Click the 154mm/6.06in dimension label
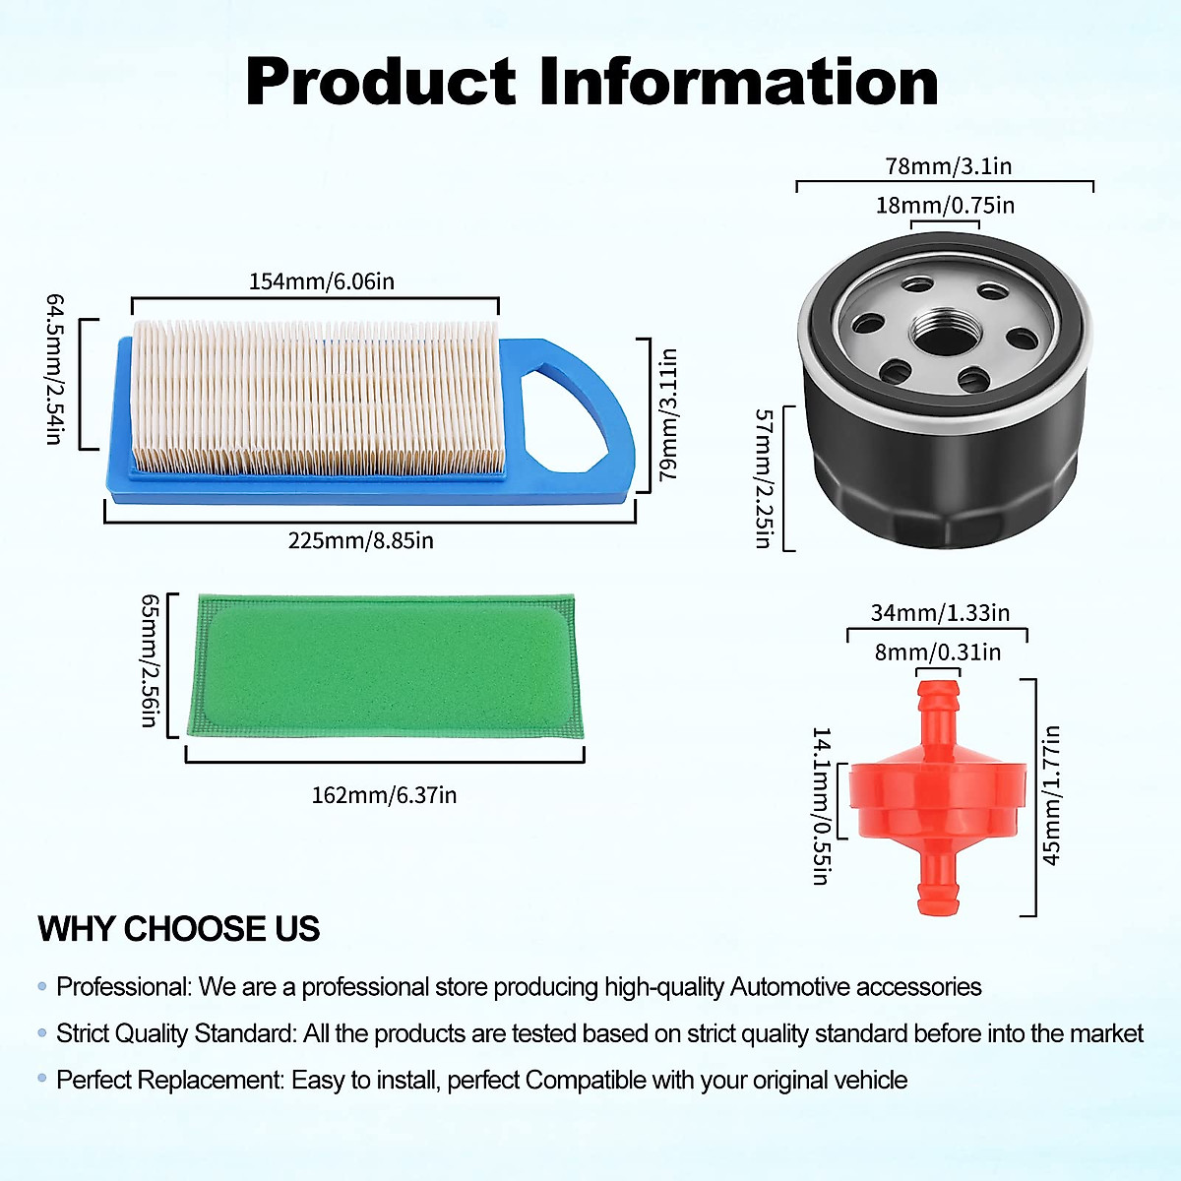(321, 281)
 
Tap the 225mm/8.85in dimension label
(360, 540)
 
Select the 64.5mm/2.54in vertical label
(55, 368)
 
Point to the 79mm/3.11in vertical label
(668, 414)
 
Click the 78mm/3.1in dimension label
(948, 166)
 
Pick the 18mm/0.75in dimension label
(945, 206)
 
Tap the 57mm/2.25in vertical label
(764, 478)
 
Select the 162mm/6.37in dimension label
(384, 795)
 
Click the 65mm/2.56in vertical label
(150, 659)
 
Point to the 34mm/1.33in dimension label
(940, 613)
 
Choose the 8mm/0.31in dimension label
(937, 653)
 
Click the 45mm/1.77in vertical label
(1051, 795)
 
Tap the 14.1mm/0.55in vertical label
(822, 806)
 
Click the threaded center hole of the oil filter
(944, 333)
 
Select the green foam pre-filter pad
(386, 666)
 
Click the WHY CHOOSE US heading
(179, 929)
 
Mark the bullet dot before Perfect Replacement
(42, 1079)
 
